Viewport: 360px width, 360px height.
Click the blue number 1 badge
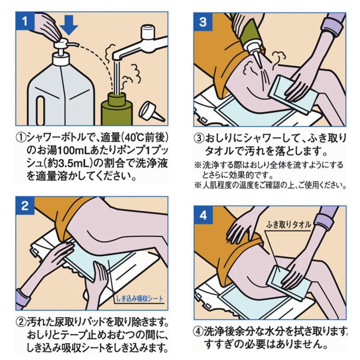(25, 21)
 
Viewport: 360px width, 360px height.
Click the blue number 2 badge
(25, 206)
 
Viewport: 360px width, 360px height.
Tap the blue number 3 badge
(203, 22)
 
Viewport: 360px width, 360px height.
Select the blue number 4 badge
(203, 215)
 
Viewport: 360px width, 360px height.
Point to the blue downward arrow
(69, 25)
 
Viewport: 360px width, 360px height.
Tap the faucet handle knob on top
(148, 32)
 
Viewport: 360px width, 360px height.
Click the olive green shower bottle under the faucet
(117, 109)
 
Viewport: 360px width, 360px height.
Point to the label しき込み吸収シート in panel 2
(140, 299)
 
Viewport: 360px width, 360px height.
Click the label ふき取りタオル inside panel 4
(289, 225)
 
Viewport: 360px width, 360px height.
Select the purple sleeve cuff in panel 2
(24, 299)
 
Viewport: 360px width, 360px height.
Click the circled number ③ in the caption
(199, 138)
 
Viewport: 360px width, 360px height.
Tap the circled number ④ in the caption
(198, 332)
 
